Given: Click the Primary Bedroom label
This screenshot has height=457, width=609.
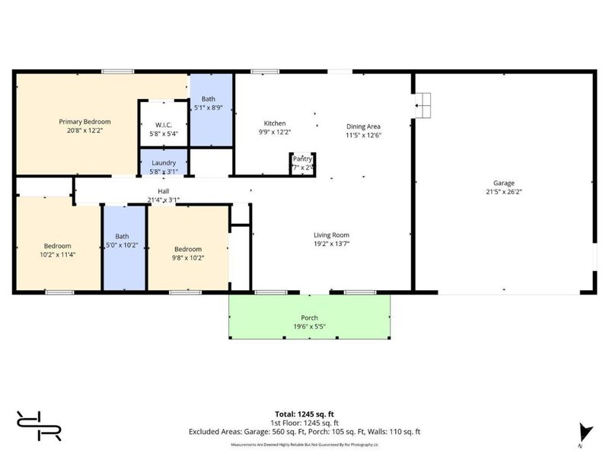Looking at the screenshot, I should point(85,122).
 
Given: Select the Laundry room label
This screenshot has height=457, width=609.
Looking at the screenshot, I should point(164,162).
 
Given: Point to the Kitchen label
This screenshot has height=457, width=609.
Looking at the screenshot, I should point(275,123).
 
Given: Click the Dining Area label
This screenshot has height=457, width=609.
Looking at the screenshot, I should point(363,126).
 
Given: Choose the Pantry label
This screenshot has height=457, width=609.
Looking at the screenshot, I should point(302,158).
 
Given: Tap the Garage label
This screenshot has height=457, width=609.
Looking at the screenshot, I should point(503,183).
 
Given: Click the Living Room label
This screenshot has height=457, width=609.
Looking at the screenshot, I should point(332,235).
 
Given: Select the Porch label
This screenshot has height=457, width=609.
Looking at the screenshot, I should point(309,318).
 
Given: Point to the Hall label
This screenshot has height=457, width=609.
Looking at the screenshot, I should point(164,191).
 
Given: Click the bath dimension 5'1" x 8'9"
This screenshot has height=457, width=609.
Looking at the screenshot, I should point(210,108).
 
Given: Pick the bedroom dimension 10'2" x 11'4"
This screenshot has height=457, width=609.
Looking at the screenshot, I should point(57,254).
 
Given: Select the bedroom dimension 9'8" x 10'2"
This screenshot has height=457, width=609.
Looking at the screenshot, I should point(188,257).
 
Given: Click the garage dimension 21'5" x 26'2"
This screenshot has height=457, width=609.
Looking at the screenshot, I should point(503,192).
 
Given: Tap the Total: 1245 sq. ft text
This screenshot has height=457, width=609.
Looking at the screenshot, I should point(305,414).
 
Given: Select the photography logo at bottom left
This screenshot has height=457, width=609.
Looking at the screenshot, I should point(39,426).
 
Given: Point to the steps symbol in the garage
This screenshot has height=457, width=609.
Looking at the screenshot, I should point(422,102).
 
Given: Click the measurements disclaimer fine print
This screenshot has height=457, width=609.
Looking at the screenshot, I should point(304,444).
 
